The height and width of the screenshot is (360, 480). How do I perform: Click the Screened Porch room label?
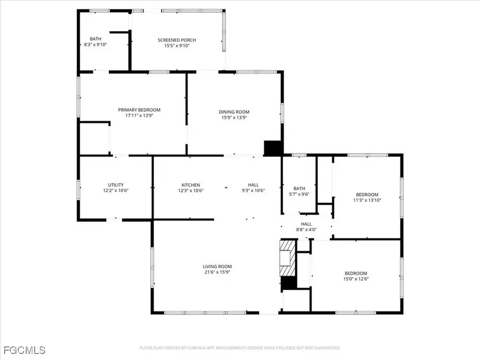click(x=177, y=40)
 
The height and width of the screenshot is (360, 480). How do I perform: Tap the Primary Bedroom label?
click(x=139, y=110)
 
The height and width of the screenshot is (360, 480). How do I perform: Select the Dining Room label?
click(x=234, y=111)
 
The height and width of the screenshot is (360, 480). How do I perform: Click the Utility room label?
click(x=116, y=185)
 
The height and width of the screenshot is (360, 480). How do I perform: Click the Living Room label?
click(x=217, y=266)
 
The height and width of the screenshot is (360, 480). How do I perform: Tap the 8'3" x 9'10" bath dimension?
click(x=95, y=45)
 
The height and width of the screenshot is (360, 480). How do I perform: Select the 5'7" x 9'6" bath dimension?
click(x=299, y=194)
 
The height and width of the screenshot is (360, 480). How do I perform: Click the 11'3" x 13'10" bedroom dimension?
click(x=367, y=200)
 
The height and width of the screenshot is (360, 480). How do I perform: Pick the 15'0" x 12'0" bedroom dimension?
click(x=355, y=278)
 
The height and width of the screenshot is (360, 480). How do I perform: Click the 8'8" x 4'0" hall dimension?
click(x=306, y=230)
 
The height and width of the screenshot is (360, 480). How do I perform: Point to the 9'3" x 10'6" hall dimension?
click(x=253, y=190)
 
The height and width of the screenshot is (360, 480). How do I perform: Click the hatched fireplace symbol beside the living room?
click(x=287, y=252)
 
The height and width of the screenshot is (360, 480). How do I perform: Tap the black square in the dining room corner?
click(x=273, y=148)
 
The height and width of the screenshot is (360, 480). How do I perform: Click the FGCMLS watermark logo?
click(x=24, y=350)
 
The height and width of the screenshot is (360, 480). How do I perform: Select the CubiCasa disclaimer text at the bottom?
click(x=239, y=348)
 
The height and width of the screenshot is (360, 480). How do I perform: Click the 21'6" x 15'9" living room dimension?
click(x=217, y=272)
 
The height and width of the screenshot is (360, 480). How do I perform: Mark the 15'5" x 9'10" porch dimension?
click(x=177, y=46)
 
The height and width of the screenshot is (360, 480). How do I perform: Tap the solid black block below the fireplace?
click(x=288, y=284)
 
